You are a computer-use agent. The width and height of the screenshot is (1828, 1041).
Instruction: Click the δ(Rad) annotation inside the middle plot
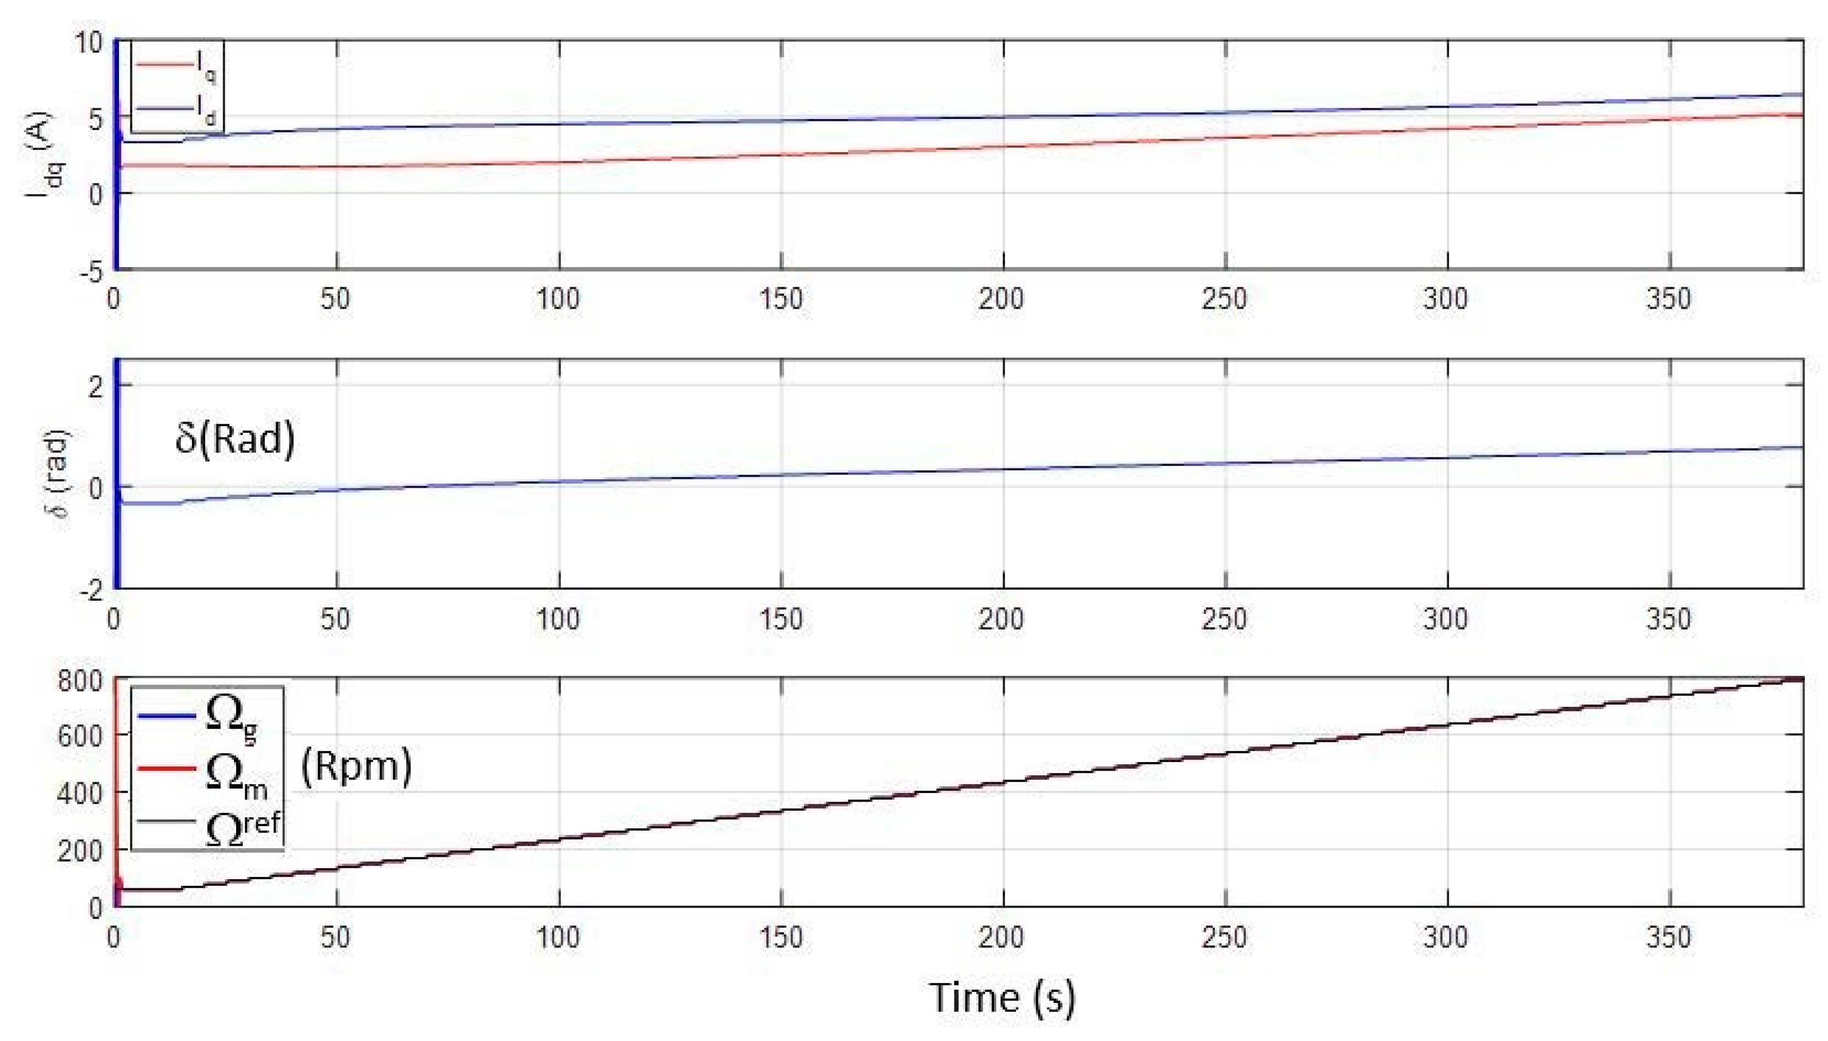click(235, 437)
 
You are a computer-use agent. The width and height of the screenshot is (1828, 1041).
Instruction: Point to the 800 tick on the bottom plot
click(80, 680)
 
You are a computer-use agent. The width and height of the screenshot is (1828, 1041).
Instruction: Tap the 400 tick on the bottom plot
click(80, 793)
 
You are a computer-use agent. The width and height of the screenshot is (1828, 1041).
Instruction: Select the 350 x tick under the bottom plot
click(1668, 937)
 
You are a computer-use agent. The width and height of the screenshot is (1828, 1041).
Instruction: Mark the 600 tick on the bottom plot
click(80, 736)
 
